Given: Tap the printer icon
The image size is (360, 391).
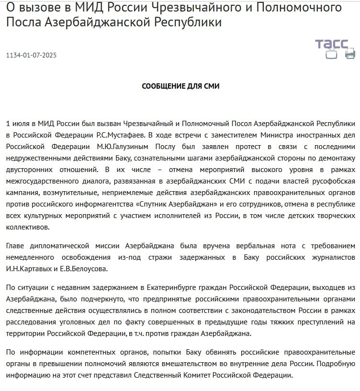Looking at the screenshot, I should point(350,54).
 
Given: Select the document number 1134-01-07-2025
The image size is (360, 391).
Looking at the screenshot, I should point(31,55).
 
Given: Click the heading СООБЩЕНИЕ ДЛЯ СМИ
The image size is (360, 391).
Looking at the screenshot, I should point(180,86).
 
